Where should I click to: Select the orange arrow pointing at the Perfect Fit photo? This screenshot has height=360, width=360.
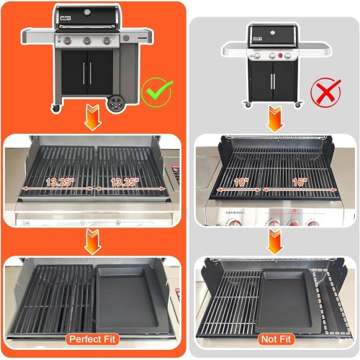[x=91, y=241]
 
